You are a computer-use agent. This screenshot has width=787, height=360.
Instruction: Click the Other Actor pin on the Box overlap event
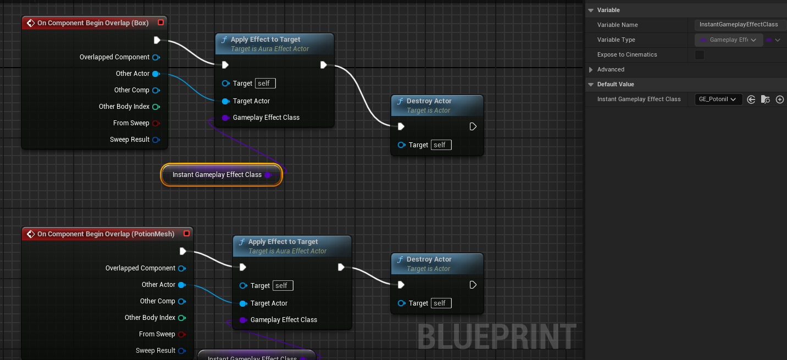point(156,74)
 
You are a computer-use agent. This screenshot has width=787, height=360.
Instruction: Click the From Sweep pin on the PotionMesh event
point(181,334)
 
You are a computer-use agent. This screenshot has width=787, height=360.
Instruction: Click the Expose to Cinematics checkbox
point(700,55)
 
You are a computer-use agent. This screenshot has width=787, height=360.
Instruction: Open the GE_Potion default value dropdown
point(718,99)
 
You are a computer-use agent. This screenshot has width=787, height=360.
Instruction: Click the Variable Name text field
point(739,25)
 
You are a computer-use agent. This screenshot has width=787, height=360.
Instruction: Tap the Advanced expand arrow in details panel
point(591,70)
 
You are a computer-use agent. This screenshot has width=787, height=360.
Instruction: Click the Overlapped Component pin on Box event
point(156,57)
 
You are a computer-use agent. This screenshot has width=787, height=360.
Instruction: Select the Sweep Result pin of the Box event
point(156,140)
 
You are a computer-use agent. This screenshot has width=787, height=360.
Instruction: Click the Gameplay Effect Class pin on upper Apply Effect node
point(225,118)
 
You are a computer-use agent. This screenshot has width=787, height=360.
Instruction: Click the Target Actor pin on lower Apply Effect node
point(243,303)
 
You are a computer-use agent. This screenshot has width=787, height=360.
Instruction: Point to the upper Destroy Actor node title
point(429,102)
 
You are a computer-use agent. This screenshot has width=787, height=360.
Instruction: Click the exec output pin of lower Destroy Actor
point(473,285)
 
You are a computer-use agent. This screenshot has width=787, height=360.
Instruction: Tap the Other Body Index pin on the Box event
point(156,107)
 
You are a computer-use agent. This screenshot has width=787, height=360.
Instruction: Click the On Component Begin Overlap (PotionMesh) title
point(106,234)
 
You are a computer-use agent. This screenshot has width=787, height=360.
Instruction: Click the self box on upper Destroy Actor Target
point(441,145)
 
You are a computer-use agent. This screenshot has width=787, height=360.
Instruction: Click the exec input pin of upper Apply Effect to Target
point(225,65)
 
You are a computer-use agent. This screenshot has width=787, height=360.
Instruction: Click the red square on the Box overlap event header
point(160,23)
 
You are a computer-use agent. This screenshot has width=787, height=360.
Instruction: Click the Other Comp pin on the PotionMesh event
point(181,301)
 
